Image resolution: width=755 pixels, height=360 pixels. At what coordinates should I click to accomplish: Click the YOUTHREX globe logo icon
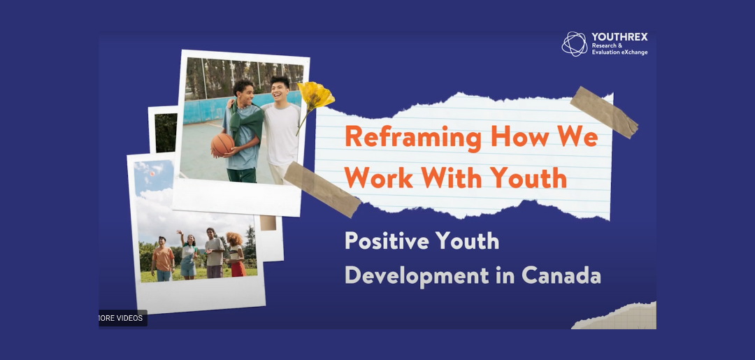tap(575, 44)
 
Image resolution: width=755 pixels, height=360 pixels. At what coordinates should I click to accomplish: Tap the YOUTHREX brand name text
tap(619, 37)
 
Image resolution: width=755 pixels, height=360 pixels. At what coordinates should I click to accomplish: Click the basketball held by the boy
tap(222, 145)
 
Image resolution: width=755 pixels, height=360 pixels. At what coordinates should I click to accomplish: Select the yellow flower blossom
tap(315, 96)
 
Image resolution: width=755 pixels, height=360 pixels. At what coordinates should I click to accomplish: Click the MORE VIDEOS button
tap(123, 318)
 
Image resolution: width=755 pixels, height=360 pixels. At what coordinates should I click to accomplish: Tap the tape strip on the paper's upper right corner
tap(604, 112)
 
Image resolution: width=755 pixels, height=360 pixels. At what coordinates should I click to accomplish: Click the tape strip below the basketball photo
tap(322, 189)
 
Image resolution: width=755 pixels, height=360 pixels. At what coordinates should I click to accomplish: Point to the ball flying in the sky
tap(152, 173)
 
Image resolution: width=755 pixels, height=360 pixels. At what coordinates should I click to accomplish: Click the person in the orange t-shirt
tap(163, 259)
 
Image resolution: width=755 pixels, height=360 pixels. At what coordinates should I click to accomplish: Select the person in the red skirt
tap(236, 254)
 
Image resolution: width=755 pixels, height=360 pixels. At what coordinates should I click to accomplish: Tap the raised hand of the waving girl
tap(179, 233)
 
